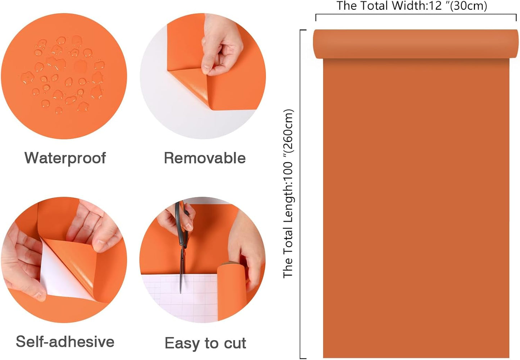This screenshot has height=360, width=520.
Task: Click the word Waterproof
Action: click(65, 159)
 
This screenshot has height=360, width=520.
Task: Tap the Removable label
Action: click(205, 158)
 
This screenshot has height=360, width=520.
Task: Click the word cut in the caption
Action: click(235, 343)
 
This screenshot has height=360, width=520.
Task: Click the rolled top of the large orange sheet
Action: click(416, 44)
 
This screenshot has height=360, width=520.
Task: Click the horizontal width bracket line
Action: click(416, 14)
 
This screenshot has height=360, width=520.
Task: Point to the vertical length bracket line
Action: click(300, 194)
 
